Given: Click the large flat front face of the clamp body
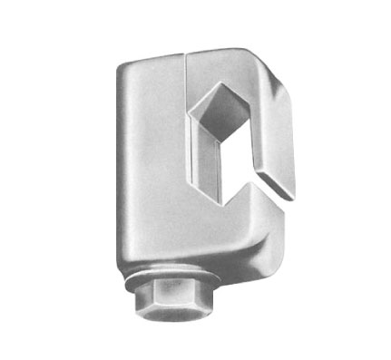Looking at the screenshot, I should coord(150,172).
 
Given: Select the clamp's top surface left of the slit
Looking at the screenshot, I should coord(154,58).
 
